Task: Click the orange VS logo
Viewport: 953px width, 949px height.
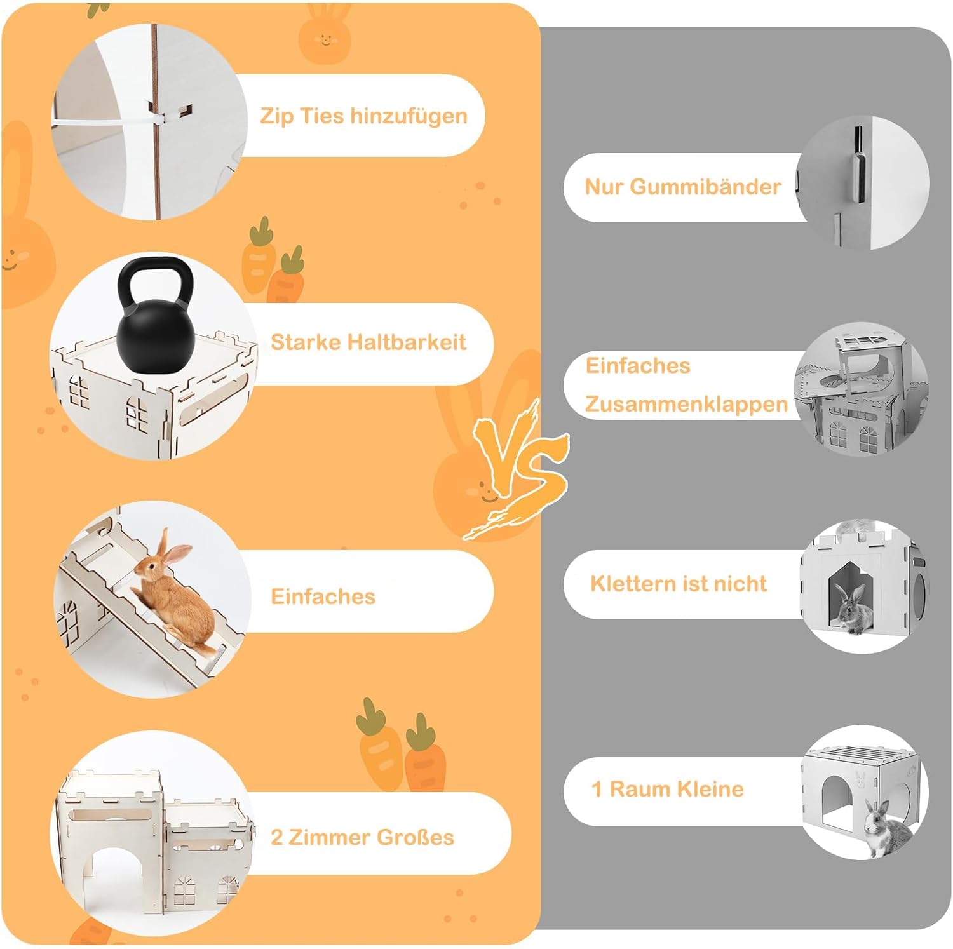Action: [518, 469]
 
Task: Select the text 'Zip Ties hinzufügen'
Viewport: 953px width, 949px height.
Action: [363, 116]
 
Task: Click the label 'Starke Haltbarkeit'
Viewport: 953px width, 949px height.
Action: [368, 342]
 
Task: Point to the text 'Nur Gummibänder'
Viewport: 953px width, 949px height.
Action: [683, 187]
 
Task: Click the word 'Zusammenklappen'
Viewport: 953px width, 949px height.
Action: [686, 404]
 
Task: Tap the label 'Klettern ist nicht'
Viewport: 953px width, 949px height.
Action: [679, 583]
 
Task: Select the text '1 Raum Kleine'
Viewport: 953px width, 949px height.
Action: [667, 789]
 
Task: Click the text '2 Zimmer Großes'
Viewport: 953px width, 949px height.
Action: [362, 837]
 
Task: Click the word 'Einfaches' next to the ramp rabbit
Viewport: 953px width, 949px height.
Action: [323, 596]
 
